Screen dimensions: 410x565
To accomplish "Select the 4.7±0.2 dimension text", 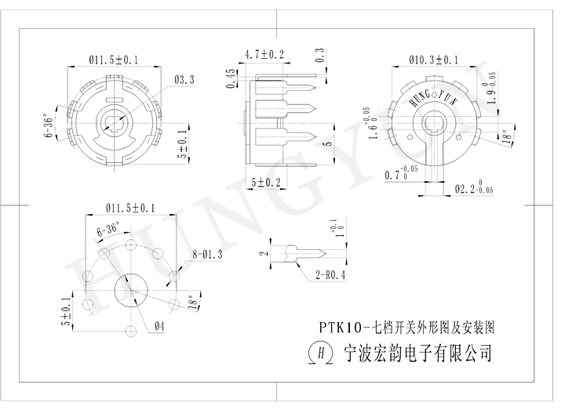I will [264, 54].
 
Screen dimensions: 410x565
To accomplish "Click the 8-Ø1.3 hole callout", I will [208, 253].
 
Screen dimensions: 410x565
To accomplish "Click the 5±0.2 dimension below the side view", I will [266, 183].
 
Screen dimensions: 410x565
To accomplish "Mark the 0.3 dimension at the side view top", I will [319, 56].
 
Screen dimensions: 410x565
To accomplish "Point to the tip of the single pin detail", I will [326, 253].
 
